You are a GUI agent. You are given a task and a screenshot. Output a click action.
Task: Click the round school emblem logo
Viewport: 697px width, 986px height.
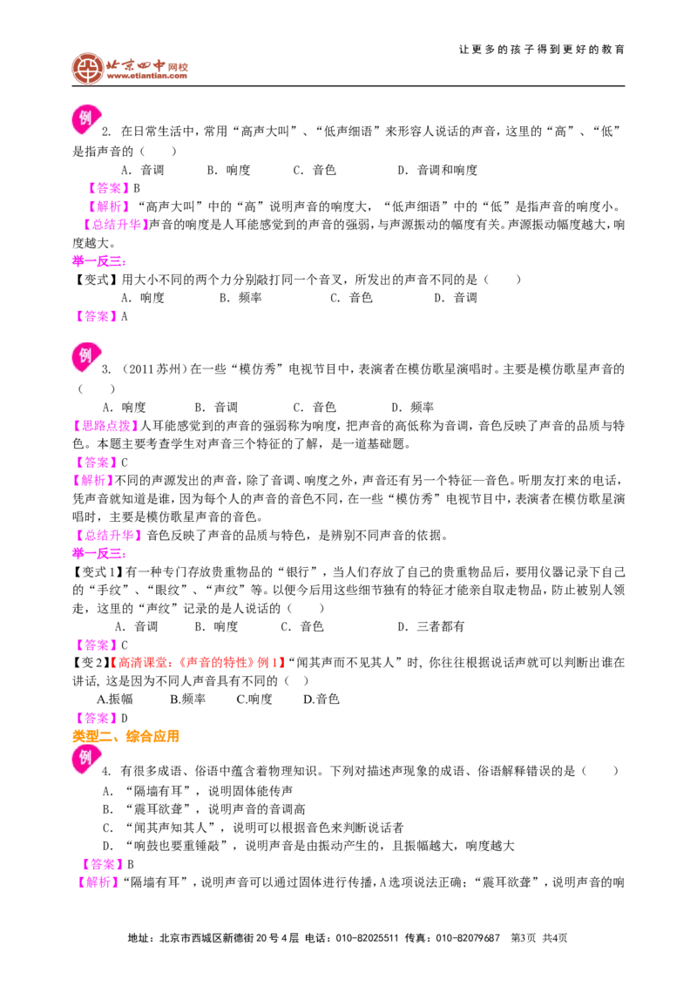click(87, 69)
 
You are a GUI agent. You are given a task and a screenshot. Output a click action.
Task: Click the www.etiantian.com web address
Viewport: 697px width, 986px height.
click(147, 76)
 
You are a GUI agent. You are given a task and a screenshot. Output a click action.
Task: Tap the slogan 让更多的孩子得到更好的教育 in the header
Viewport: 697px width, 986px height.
click(542, 50)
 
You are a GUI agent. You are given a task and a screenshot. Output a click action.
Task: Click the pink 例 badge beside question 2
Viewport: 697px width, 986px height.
click(86, 118)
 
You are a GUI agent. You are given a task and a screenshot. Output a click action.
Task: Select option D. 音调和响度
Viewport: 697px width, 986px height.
click(437, 170)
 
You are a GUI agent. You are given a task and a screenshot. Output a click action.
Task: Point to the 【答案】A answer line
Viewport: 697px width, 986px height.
click(101, 316)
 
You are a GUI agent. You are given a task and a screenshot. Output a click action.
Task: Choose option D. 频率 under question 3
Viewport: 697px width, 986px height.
click(413, 407)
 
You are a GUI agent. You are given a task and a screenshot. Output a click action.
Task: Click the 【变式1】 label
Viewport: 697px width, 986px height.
click(98, 571)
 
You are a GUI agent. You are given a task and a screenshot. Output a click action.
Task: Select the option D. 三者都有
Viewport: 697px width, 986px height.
click(431, 626)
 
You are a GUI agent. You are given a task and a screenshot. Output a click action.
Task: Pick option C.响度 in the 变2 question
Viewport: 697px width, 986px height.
click(254, 699)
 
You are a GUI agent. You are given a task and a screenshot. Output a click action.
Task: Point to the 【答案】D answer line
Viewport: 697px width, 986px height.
click(101, 718)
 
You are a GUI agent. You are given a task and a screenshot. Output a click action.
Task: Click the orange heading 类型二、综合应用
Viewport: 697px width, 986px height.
click(125, 736)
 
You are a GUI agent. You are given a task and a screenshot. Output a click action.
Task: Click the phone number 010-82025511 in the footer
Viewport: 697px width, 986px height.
click(367, 937)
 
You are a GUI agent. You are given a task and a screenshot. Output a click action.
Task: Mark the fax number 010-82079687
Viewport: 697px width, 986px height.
click(467, 937)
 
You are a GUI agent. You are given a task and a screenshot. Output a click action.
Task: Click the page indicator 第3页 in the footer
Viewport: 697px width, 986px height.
click(523, 937)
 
